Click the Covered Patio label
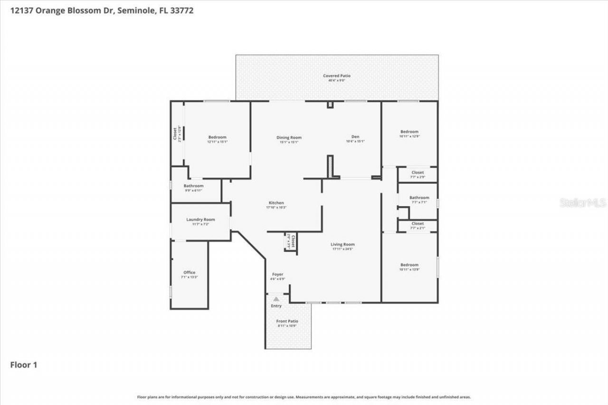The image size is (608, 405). [x=336, y=76]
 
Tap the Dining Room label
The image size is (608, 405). [x=289, y=138]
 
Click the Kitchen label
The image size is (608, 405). [x=276, y=203]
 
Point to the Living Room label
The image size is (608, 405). [x=342, y=245]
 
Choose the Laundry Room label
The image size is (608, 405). [x=200, y=219]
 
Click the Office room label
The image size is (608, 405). [x=189, y=273]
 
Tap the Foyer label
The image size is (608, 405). [x=277, y=274]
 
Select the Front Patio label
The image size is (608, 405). [x=287, y=321]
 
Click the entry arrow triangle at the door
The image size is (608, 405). [x=276, y=299]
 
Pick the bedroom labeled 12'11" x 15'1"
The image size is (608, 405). [x=217, y=137]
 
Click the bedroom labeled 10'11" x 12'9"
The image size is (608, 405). [x=409, y=132]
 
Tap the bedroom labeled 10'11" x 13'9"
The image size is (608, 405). [x=409, y=265]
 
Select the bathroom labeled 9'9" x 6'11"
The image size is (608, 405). [x=193, y=186]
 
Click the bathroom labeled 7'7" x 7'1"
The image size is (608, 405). [x=419, y=198]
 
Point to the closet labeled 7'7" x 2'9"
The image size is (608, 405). [x=418, y=172]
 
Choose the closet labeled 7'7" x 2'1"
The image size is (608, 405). [x=418, y=223]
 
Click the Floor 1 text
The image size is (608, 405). [x=24, y=365]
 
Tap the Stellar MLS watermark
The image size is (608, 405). [x=583, y=203]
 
